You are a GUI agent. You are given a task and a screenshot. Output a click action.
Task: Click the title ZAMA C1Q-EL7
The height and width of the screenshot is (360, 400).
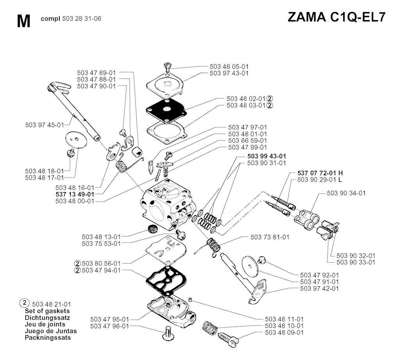(x=336, y=17)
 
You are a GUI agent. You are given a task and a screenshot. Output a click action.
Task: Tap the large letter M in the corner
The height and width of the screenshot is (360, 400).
(x=24, y=21)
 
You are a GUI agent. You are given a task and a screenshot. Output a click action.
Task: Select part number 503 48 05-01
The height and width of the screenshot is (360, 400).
(x=229, y=66)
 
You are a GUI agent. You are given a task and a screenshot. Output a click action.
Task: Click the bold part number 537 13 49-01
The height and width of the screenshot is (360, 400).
(x=75, y=194)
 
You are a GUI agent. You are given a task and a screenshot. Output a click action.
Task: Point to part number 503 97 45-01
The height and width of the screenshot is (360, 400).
(x=45, y=125)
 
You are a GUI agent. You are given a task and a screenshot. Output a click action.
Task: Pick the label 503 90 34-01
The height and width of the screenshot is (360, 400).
(x=346, y=193)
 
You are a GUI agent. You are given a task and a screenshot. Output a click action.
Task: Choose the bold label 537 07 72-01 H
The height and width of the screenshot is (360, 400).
(x=320, y=173)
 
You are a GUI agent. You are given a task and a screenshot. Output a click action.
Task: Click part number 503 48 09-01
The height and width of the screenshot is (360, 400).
(x=284, y=332)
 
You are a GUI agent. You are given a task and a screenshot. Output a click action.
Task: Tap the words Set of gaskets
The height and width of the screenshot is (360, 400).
(x=47, y=311)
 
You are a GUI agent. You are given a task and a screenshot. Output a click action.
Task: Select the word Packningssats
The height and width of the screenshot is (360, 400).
(x=48, y=338)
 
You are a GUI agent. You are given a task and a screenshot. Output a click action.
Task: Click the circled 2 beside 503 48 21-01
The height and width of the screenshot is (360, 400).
(x=24, y=303)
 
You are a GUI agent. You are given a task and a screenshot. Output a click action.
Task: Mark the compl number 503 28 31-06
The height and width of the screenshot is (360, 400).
(x=71, y=19)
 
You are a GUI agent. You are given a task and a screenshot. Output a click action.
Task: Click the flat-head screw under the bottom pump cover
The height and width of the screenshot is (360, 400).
(x=168, y=333)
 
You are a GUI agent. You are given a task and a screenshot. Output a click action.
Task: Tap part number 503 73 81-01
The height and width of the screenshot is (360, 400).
(x=270, y=237)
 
